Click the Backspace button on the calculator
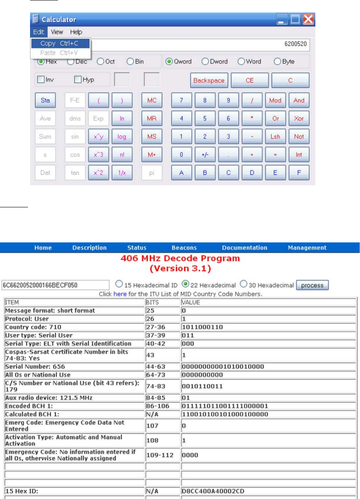(209, 81)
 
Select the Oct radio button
(101, 61)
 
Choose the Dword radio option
(205, 61)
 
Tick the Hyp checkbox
(78, 79)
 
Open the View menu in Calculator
(57, 32)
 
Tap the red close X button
(308, 19)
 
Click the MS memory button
(151, 136)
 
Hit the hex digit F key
(299, 173)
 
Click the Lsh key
(275, 136)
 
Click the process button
(312, 285)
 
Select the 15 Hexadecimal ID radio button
(119, 285)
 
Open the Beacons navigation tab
(184, 248)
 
